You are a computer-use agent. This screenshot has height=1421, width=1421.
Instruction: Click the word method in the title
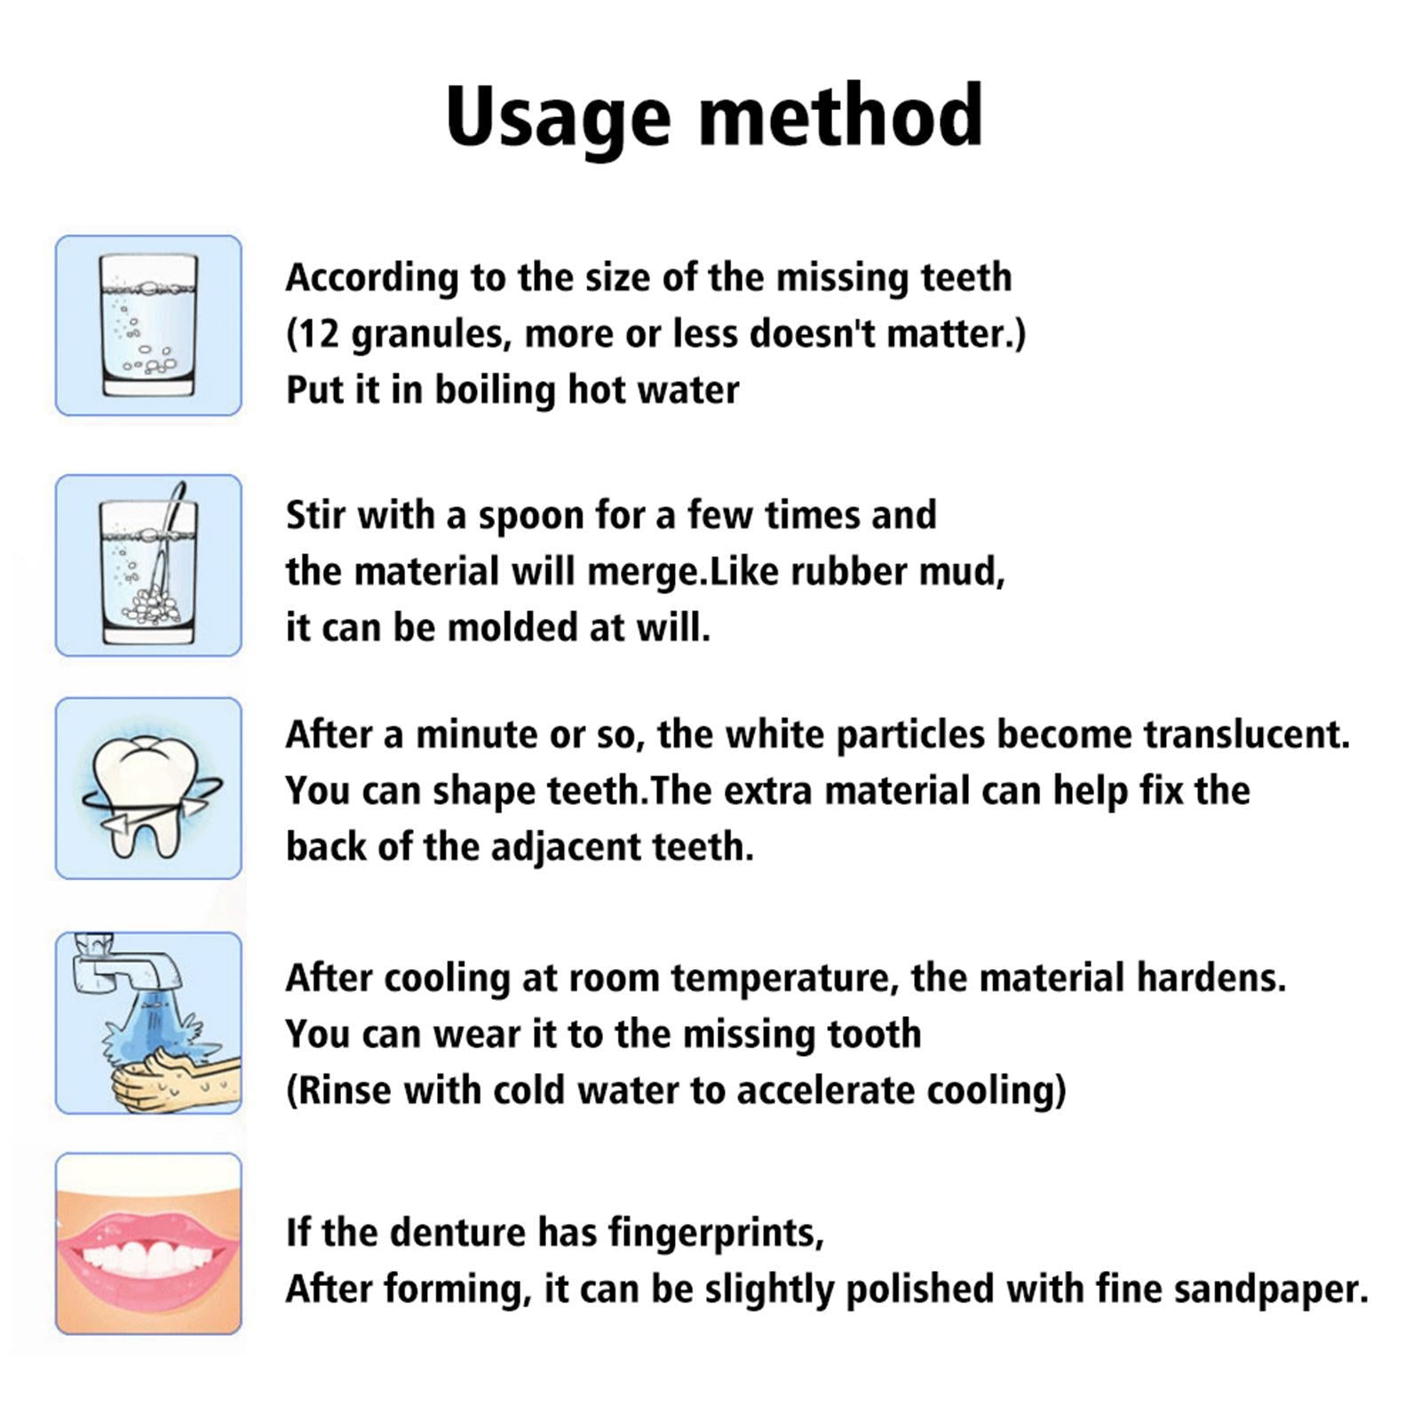pos(841,115)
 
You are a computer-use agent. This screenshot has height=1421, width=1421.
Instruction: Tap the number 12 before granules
pos(313,334)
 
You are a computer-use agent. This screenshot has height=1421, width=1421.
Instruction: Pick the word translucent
pos(1246,734)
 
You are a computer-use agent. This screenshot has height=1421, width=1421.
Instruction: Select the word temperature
pos(779,978)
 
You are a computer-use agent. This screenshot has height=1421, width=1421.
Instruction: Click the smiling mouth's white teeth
pos(148,1257)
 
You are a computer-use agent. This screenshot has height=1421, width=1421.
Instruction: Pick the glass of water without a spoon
pos(148,325)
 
